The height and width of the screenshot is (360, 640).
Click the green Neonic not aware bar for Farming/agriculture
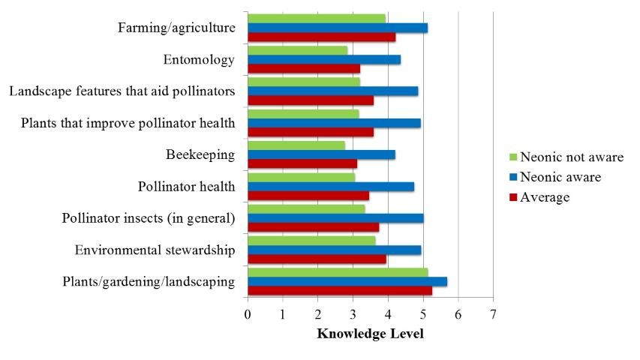316,18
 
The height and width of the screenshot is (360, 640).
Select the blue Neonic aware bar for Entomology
323,59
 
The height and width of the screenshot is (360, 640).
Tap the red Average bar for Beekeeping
302,163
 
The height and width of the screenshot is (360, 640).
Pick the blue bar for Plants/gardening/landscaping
347,281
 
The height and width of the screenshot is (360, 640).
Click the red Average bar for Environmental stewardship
317,259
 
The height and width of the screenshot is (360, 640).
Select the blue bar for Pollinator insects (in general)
335,218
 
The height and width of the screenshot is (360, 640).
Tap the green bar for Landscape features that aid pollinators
303,81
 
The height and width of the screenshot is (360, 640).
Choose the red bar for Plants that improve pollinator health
310,132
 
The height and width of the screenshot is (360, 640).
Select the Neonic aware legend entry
555,177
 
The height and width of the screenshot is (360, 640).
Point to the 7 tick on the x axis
493,313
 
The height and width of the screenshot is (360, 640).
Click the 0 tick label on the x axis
248,313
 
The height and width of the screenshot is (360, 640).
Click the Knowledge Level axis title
370,333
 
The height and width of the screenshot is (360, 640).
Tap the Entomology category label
199,60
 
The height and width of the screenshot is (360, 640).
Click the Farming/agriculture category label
177,28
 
